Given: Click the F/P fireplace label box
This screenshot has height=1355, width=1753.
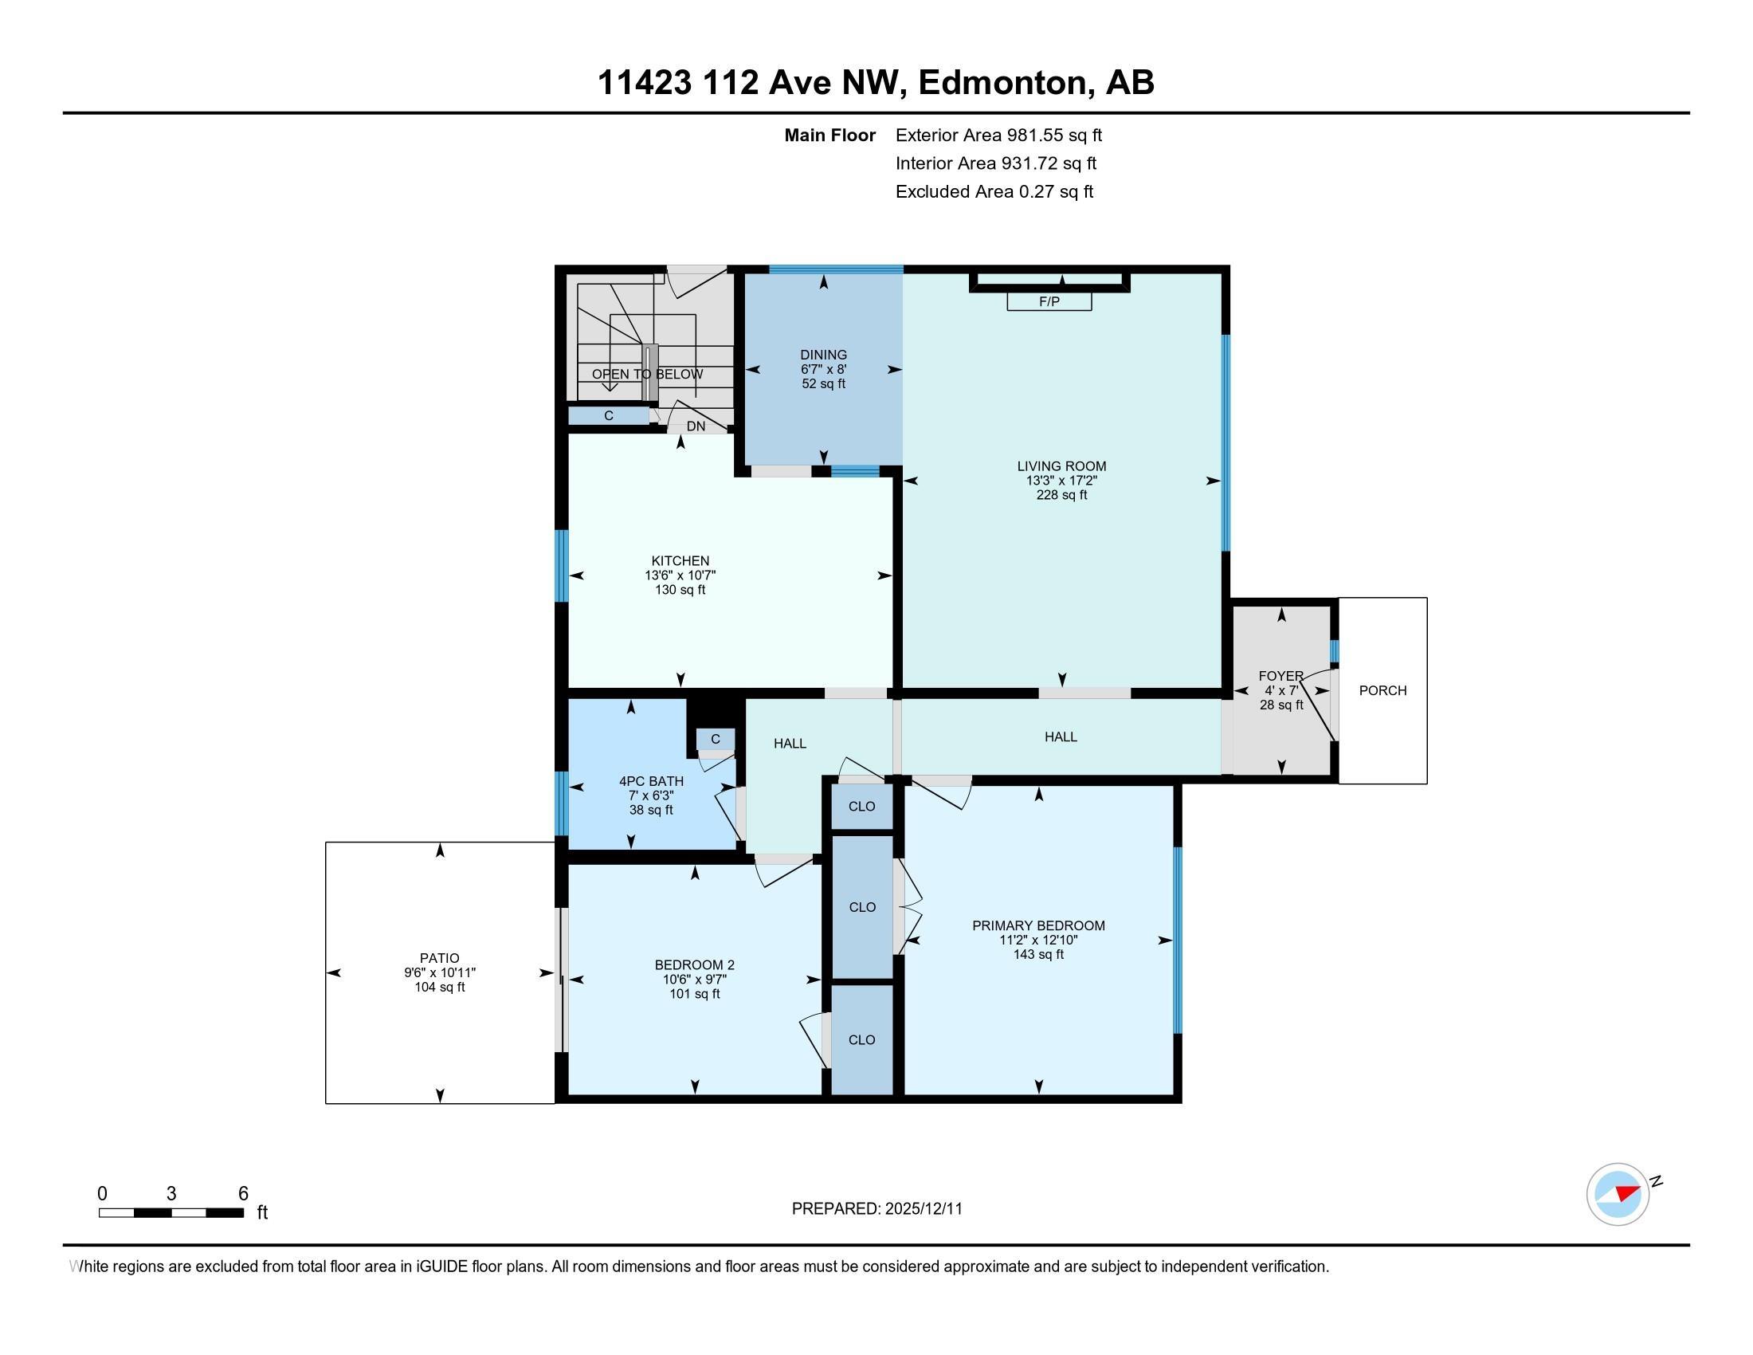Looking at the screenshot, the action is click(1049, 302).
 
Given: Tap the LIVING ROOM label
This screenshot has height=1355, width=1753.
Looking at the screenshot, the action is click(1061, 466).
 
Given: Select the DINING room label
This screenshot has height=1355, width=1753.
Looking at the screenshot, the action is click(824, 355).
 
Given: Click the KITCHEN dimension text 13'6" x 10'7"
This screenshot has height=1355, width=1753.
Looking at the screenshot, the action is click(680, 575).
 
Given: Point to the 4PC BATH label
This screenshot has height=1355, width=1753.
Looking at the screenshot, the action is click(651, 781).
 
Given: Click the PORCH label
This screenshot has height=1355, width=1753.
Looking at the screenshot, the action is click(1382, 690).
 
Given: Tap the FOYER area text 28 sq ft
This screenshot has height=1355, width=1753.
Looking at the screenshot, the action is click(1281, 705).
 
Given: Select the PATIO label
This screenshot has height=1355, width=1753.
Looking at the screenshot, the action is click(439, 957).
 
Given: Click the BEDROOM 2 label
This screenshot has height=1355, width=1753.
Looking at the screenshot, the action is click(694, 965).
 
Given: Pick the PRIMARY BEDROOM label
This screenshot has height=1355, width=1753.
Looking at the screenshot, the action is click(1038, 925).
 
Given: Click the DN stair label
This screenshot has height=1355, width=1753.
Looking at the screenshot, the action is click(696, 426).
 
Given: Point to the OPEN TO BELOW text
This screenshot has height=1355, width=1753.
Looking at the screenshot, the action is click(647, 374).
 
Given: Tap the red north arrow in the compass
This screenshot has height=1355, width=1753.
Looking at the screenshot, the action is click(1627, 1192).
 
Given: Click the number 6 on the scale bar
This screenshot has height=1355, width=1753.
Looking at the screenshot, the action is click(243, 1194).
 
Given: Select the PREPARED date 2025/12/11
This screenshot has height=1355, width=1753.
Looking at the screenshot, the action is click(923, 1209).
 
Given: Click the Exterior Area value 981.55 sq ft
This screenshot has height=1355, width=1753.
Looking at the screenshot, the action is click(1055, 135).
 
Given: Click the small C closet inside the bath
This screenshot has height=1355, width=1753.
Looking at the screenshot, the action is click(716, 740).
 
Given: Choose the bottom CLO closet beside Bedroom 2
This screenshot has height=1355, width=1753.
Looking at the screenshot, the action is click(861, 1039).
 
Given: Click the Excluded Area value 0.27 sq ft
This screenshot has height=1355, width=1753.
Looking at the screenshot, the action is click(1056, 192).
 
